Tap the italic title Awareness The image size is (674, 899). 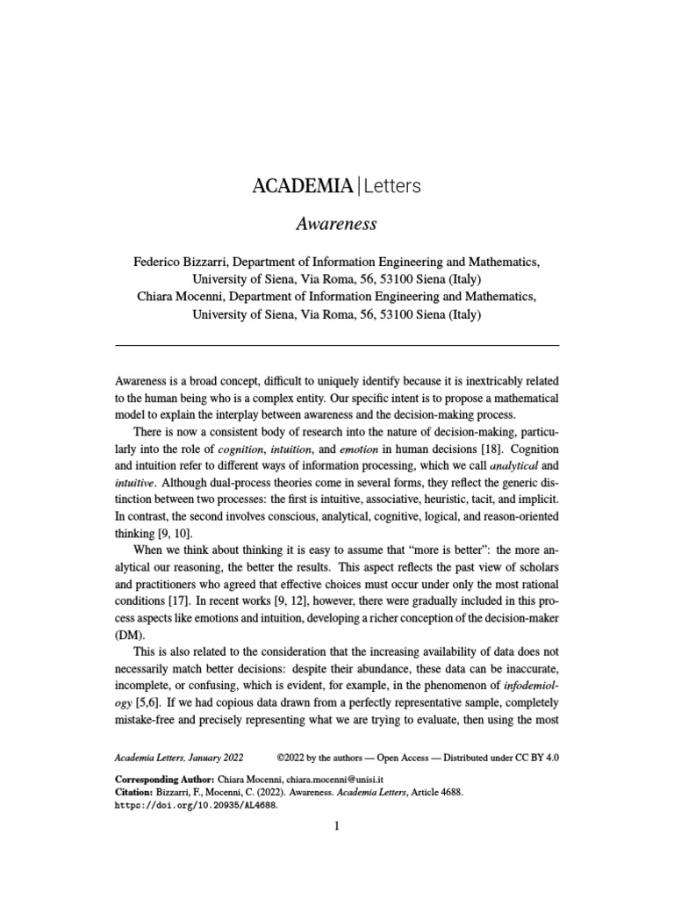336,224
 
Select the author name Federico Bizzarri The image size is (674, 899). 182,262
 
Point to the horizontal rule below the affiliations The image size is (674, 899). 337,345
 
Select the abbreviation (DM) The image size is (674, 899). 129,635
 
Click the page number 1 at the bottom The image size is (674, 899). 336,826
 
